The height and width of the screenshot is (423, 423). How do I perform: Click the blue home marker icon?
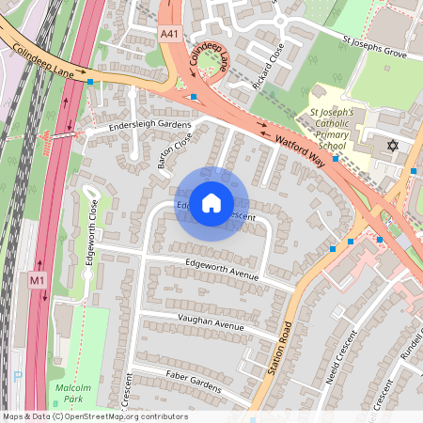pos(211,203)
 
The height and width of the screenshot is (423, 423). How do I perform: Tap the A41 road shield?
pos(168,33)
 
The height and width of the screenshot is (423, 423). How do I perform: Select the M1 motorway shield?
pos(37,280)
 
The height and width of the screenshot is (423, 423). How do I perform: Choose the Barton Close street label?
pos(175,150)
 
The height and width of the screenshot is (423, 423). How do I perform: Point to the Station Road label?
pos(279,348)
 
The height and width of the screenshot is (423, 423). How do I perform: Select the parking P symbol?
pos(17,376)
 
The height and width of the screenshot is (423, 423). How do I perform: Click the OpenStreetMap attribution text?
pos(94,416)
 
